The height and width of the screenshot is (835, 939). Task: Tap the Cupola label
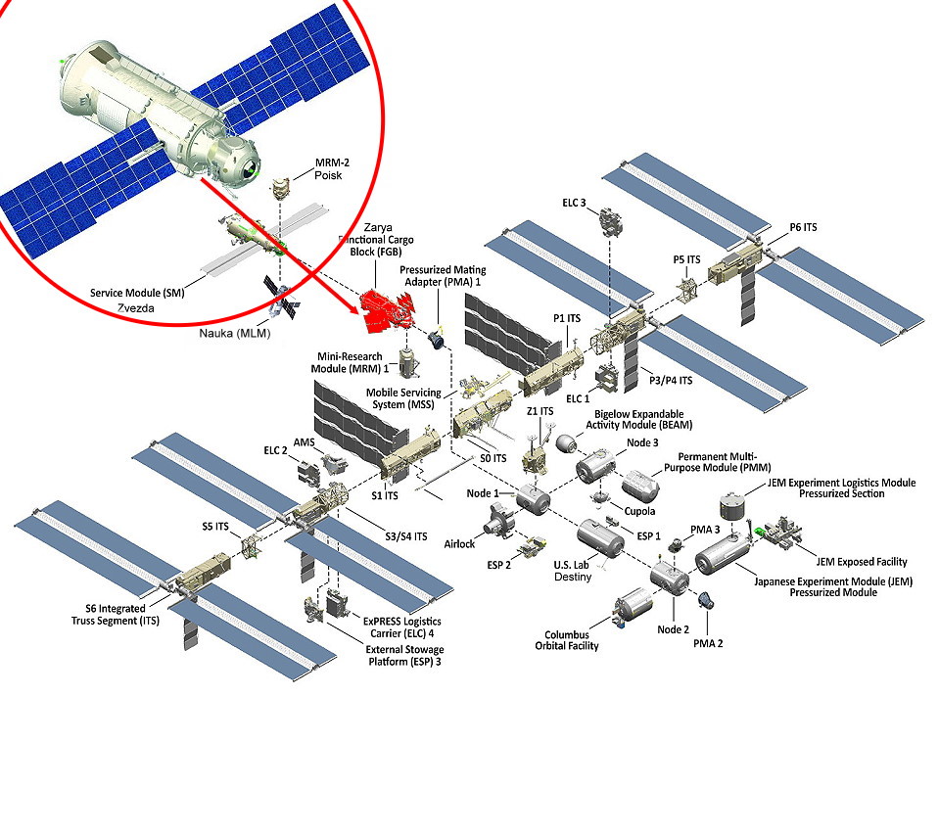[639, 511]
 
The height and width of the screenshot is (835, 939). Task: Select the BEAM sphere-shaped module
[565, 442]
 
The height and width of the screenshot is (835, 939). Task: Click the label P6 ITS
[803, 228]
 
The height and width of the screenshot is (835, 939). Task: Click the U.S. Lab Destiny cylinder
[600, 538]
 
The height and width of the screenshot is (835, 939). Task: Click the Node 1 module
[533, 500]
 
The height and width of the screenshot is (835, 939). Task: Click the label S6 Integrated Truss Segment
[109, 615]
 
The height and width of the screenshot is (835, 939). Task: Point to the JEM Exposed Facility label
[861, 562]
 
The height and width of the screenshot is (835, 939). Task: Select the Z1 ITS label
[540, 411]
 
